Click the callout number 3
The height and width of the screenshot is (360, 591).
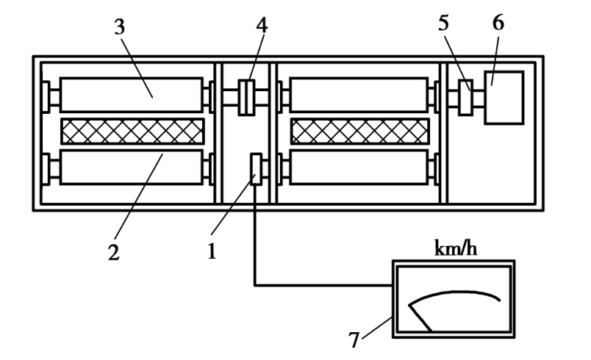[x=120, y=27]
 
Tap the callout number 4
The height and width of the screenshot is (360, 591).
[x=262, y=26]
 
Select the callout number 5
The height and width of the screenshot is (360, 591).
[x=444, y=24]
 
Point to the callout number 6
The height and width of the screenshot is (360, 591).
[x=498, y=23]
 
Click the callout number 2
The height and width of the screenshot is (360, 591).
[x=113, y=252]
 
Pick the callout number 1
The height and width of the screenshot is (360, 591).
[x=212, y=251]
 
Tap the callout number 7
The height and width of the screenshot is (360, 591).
[x=354, y=339]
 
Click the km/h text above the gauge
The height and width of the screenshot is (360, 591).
[x=456, y=248]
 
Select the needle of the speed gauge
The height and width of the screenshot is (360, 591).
[x=420, y=318]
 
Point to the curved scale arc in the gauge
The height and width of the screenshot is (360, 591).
[x=454, y=292]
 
